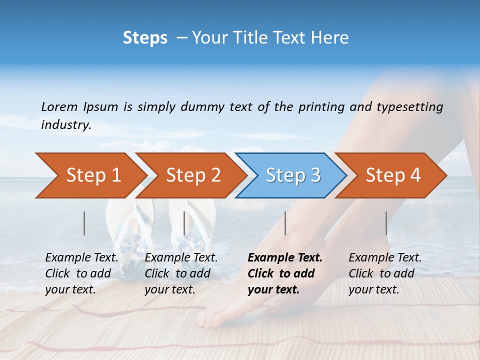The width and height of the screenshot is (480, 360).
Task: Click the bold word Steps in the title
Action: click(x=145, y=38)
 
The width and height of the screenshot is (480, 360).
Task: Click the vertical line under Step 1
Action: click(x=84, y=223)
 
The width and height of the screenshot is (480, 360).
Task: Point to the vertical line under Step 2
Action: click(x=184, y=223)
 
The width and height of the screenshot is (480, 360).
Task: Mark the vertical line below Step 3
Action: click(x=285, y=223)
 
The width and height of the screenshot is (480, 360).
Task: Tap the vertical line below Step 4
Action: click(x=386, y=223)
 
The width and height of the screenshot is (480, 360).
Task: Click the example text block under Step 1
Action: click(x=81, y=273)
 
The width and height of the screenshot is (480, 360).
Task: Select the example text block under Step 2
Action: click(x=181, y=273)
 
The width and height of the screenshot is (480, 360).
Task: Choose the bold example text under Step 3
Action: click(x=284, y=273)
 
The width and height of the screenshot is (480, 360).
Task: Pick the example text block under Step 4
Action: click(x=385, y=273)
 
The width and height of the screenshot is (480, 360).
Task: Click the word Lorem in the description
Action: click(x=59, y=106)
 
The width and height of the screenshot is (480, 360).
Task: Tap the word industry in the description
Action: click(x=66, y=125)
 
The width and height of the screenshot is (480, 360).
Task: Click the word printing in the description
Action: click(x=321, y=107)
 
